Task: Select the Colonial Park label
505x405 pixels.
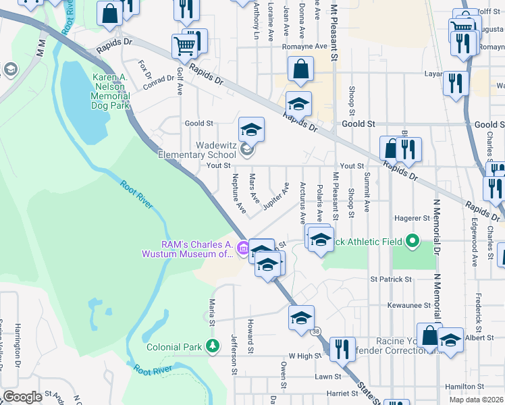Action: click(x=175, y=348)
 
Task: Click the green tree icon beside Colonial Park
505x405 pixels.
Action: click(x=213, y=347)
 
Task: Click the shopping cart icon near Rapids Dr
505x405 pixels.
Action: click(x=184, y=46)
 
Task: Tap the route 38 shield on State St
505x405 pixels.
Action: click(x=316, y=331)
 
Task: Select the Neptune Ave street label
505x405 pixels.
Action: click(x=239, y=194)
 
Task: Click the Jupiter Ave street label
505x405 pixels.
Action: click(x=276, y=196)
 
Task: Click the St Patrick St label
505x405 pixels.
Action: click(x=390, y=279)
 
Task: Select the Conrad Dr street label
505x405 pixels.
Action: click(x=159, y=82)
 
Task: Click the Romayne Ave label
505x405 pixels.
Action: click(x=309, y=47)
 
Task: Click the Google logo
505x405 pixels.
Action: click(x=22, y=397)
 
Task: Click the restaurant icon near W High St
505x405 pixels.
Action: click(x=342, y=349)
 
